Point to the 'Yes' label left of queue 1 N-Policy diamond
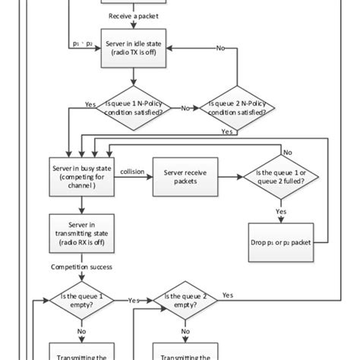(x=90, y=104)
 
